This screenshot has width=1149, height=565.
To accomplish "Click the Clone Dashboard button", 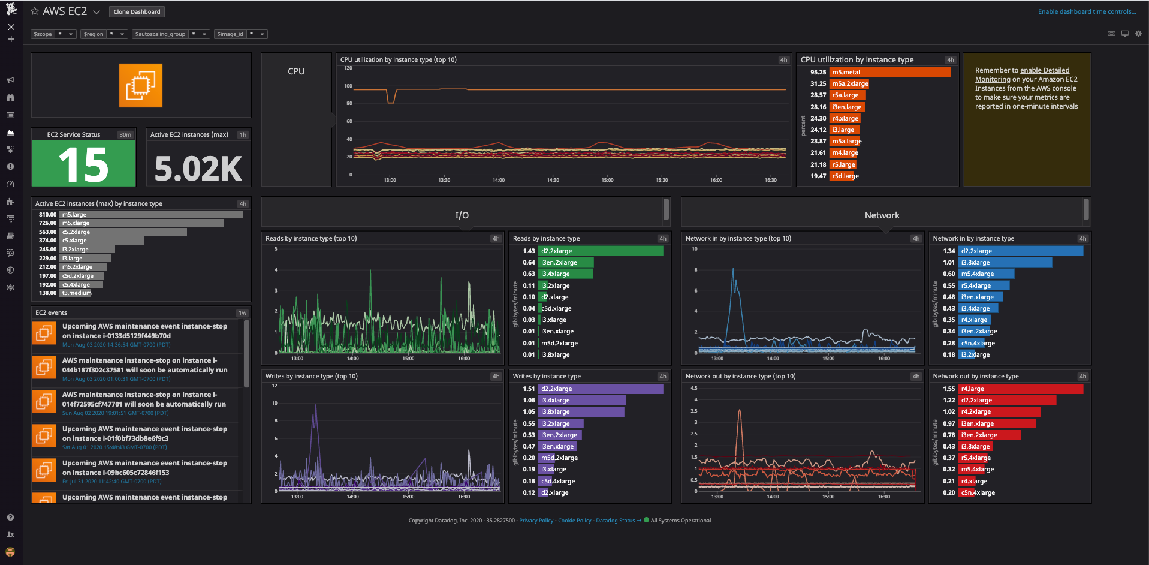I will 137,11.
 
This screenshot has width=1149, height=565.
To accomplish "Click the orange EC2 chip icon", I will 141,85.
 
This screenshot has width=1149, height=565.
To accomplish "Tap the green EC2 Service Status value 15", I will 83,165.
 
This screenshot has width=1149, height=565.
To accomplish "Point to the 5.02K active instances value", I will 198,169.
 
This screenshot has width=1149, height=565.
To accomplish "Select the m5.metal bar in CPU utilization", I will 890,72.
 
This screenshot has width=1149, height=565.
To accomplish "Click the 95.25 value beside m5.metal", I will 818,72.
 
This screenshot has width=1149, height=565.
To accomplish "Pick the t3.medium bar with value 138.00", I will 76,293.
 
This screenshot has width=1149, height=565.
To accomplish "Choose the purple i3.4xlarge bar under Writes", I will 582,400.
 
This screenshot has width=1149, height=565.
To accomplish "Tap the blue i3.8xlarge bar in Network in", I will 1005,262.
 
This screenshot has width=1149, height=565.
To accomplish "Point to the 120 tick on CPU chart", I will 348,68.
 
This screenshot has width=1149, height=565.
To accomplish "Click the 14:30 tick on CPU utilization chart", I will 553,180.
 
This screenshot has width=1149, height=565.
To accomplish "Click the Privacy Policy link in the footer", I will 536,521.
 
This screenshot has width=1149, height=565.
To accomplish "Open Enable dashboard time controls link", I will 1087,11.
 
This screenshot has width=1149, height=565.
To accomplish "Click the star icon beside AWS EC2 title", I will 35,11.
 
